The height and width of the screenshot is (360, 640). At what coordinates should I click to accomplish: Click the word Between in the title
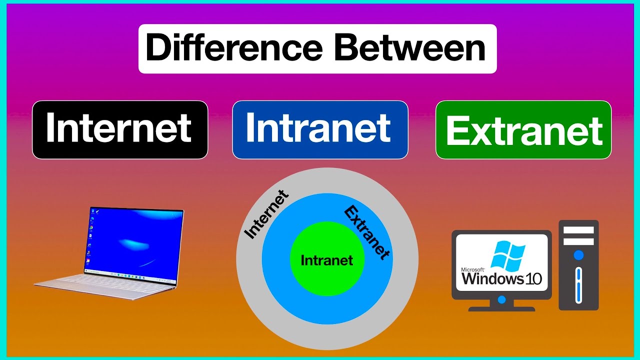(x=410, y=48)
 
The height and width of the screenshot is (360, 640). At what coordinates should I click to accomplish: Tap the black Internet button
(x=119, y=129)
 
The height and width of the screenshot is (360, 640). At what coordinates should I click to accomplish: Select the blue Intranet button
(x=320, y=129)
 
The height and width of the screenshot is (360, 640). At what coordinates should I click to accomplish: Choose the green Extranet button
(x=523, y=130)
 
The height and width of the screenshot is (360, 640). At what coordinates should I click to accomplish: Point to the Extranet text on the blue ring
(x=367, y=232)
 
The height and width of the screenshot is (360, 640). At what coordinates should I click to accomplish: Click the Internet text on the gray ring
(x=265, y=214)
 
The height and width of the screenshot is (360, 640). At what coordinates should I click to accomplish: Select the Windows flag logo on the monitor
(x=507, y=256)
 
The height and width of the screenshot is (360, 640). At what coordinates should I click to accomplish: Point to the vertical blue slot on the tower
(x=578, y=285)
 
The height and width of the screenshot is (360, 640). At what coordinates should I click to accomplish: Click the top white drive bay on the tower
(x=578, y=230)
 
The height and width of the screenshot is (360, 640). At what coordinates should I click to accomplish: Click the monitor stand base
(x=501, y=308)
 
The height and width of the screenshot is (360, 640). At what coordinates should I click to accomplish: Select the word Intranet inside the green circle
(x=326, y=260)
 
